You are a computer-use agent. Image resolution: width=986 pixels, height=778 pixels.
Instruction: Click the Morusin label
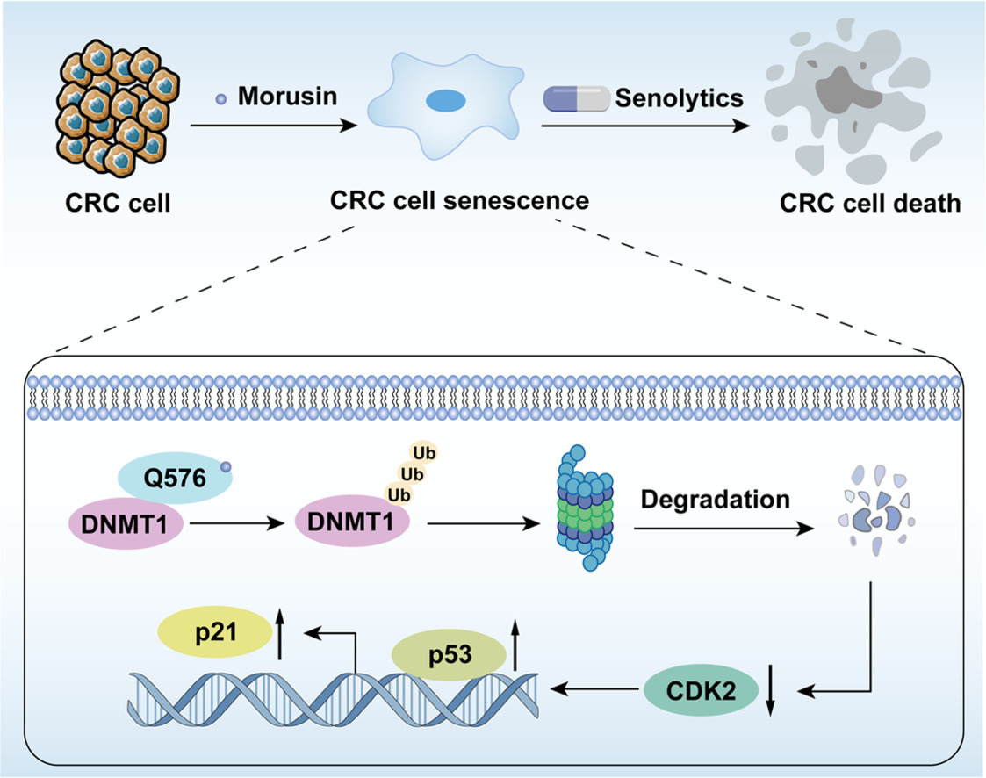(287, 96)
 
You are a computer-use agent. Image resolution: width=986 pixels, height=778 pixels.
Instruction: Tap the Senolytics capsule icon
(576, 98)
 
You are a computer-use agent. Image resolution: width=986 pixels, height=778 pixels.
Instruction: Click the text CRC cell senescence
(459, 200)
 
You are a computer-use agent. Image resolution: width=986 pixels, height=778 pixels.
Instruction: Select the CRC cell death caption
(869, 203)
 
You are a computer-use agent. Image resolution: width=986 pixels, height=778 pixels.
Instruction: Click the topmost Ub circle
(426, 454)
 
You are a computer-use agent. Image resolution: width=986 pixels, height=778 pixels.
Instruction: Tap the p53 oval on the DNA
(448, 654)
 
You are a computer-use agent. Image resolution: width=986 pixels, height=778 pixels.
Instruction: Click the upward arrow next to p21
(281, 634)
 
